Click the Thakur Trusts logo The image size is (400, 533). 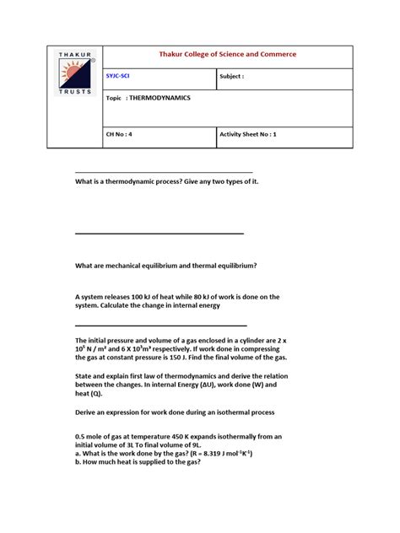coord(74,73)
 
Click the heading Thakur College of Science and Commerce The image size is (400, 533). coord(228,55)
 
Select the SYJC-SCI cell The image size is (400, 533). coord(120,77)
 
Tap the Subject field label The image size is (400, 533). coord(231,77)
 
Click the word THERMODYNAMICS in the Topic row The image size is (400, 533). coord(160,98)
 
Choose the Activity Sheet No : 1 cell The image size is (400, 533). coord(248,134)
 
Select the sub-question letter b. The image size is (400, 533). coord(78,462)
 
